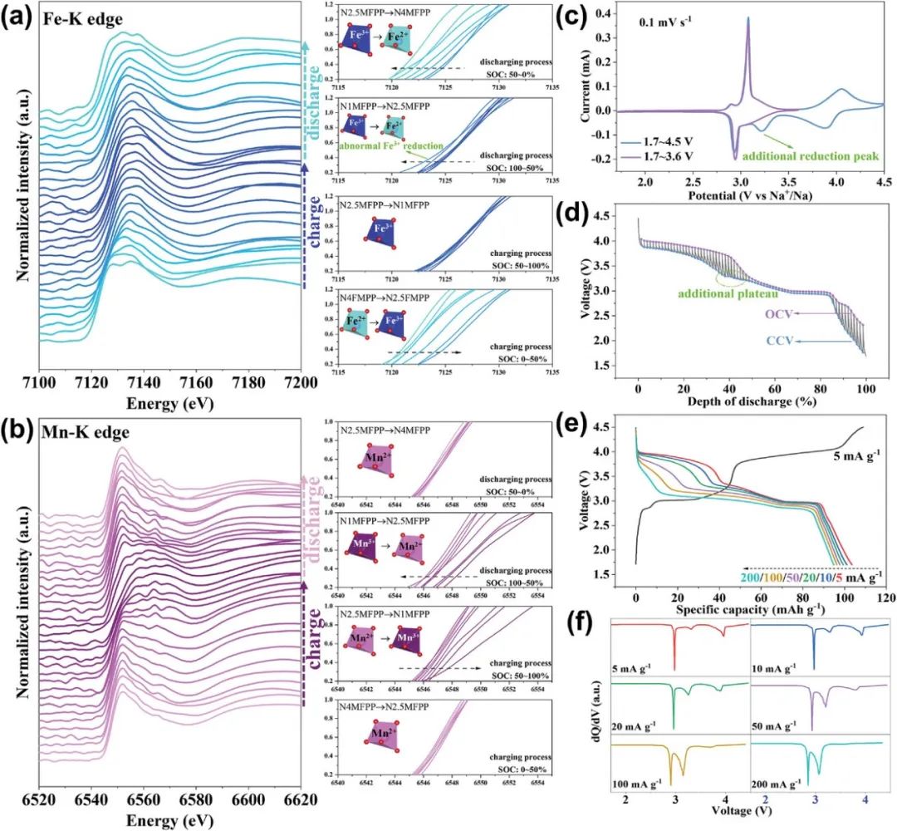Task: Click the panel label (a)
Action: point(21,18)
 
